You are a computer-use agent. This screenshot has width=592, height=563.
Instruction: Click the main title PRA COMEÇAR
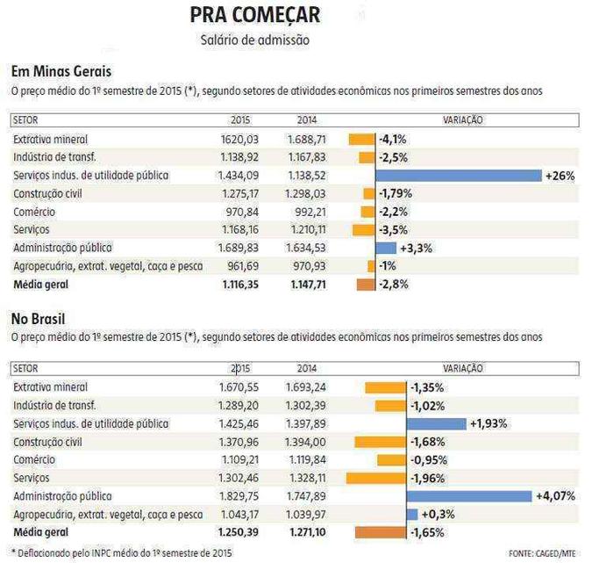255,15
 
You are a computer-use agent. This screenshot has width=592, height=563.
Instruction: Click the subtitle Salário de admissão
255,40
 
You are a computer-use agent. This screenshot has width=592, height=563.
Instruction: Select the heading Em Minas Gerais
61,71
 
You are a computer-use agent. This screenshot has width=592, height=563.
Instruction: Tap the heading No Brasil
38,319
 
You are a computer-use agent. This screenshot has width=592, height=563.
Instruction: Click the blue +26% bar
459,176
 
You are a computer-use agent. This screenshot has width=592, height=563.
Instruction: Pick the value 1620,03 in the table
239,140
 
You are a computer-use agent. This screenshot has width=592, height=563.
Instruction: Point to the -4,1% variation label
393,140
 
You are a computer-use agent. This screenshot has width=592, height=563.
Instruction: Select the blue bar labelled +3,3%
386,248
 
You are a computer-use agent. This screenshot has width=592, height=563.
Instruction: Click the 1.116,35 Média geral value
240,285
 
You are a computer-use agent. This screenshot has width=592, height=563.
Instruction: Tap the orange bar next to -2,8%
366,285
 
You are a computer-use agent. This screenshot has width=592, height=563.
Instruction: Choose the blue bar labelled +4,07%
469,496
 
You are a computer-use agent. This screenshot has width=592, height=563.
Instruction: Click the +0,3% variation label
438,514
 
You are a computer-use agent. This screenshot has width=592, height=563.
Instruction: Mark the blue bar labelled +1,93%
437,424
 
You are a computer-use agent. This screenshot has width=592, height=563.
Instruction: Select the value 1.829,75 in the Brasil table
239,496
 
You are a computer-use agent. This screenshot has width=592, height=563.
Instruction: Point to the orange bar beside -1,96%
376,479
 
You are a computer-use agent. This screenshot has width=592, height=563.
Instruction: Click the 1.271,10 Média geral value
308,532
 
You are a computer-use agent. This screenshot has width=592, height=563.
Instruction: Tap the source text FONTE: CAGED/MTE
542,553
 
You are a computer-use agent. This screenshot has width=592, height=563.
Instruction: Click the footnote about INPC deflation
122,553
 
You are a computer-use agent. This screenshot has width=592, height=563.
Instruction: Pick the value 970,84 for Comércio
242,212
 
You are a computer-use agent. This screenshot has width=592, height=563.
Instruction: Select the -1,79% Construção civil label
396,193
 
